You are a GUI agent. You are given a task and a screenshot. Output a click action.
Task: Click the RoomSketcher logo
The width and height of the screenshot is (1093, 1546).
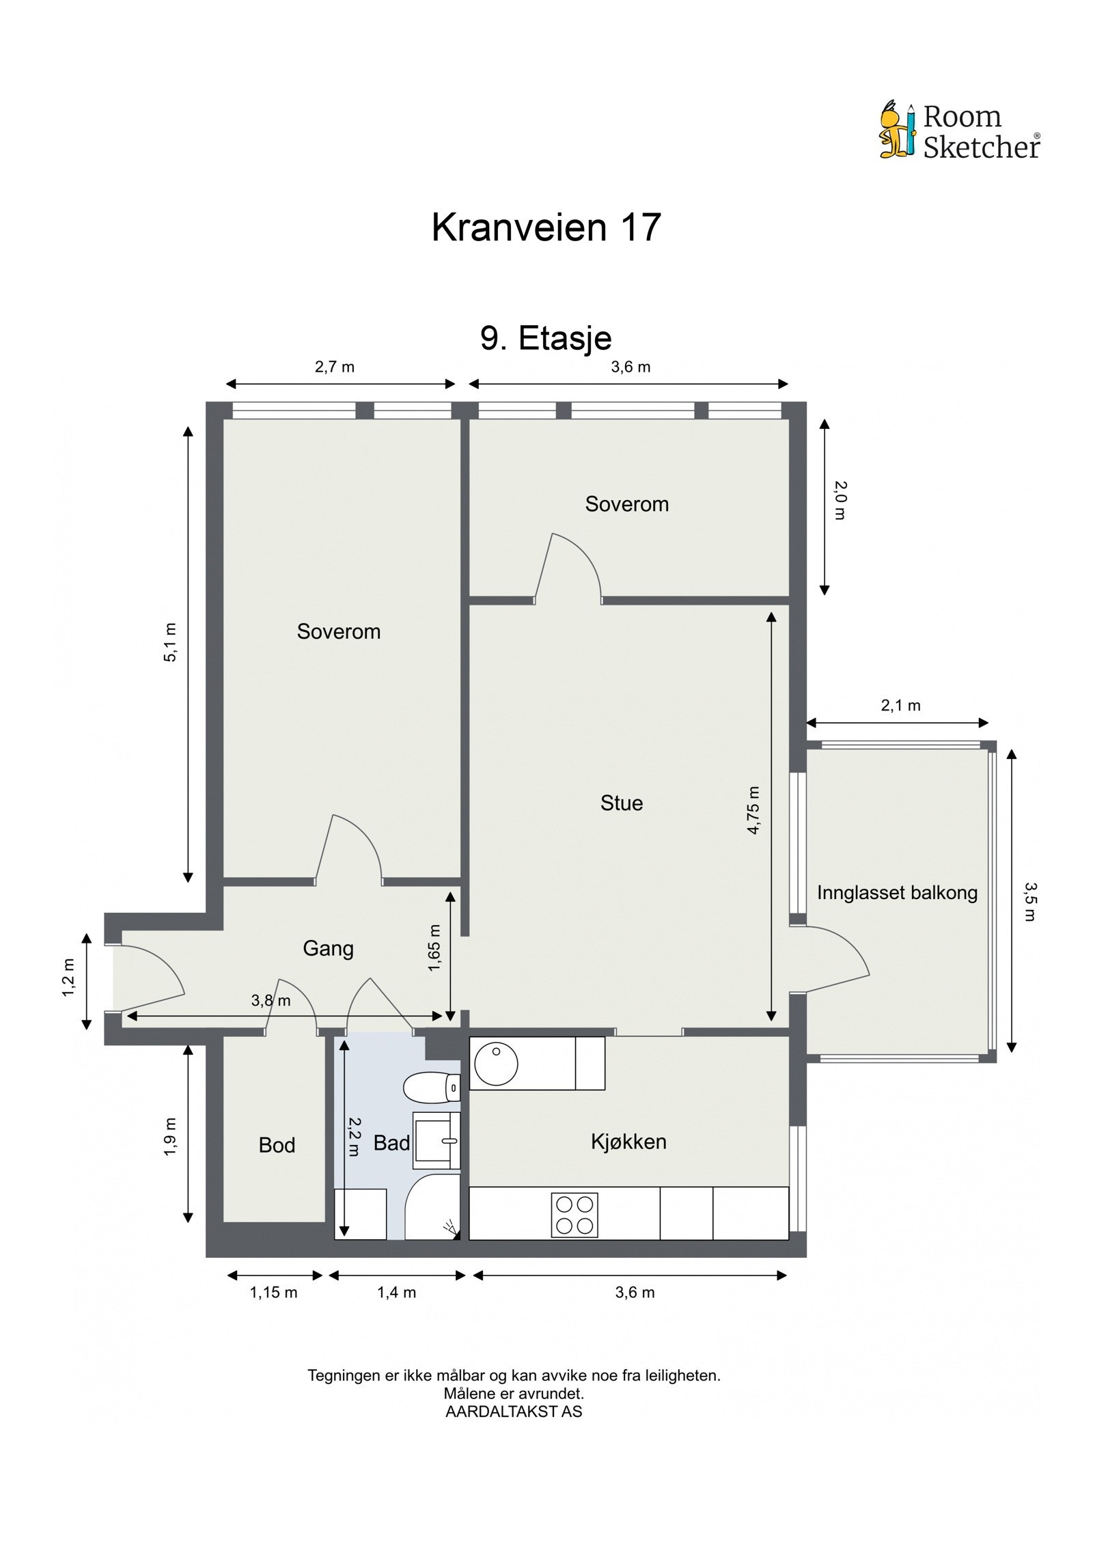(x=958, y=131)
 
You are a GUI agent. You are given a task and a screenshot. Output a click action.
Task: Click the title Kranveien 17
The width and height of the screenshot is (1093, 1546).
(x=545, y=227)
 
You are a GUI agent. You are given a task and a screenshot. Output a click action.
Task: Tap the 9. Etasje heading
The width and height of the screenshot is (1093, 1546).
(x=545, y=337)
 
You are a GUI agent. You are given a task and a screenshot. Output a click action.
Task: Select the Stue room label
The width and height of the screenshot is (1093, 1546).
(x=621, y=803)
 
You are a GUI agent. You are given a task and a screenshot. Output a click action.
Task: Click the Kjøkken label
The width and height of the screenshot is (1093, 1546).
(x=628, y=1142)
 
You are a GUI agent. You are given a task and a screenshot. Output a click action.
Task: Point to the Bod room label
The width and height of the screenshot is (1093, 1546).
(x=277, y=1145)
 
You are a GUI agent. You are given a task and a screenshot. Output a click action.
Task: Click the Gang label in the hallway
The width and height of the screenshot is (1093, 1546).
(x=328, y=948)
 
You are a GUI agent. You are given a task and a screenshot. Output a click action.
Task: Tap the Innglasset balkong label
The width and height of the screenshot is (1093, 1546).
(x=896, y=893)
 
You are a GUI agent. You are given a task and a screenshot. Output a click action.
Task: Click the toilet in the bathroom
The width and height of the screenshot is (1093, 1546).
(x=430, y=1087)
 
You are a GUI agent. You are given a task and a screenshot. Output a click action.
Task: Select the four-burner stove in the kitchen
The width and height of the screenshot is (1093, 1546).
(x=574, y=1215)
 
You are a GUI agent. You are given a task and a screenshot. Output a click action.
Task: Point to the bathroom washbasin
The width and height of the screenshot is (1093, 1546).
(x=437, y=1140)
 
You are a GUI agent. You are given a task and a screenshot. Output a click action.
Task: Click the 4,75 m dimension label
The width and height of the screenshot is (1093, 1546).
(x=753, y=810)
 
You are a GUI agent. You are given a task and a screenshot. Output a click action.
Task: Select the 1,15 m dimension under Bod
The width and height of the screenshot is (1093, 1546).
(x=273, y=1293)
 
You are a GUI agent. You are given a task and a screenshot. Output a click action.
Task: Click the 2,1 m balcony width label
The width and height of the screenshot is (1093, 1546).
(x=900, y=706)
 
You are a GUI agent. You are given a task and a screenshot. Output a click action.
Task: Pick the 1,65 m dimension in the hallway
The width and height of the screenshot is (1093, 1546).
(x=434, y=948)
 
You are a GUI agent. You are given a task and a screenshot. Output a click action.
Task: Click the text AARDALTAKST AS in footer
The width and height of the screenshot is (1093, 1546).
(x=513, y=1412)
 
